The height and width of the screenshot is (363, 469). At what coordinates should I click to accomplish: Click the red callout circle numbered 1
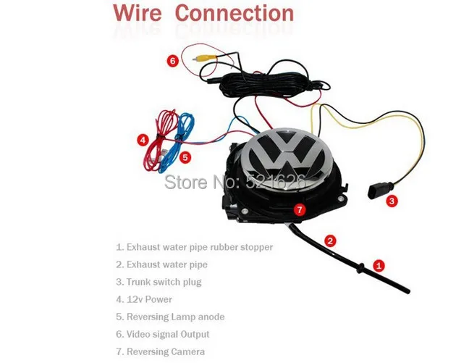(x=379, y=265)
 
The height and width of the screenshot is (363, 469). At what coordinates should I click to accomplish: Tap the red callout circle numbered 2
(x=330, y=241)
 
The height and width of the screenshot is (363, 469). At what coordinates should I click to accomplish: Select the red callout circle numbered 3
(x=392, y=201)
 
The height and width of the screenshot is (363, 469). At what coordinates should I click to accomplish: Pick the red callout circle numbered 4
(x=143, y=140)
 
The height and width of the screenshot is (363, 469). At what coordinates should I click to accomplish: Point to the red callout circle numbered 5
(x=185, y=157)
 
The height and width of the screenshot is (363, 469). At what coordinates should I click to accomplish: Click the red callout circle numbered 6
(x=173, y=61)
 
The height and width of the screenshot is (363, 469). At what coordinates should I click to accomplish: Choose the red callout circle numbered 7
(x=300, y=209)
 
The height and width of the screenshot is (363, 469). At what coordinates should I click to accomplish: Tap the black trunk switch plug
(x=377, y=191)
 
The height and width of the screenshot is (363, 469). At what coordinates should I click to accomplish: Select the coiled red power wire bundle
(x=160, y=139)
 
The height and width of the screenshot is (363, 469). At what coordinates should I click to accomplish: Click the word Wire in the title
(x=138, y=13)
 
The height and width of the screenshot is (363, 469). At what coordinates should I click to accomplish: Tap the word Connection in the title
(x=234, y=13)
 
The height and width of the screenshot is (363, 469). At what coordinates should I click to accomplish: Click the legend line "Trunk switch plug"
(x=159, y=282)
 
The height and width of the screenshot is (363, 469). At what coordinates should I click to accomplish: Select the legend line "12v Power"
(x=144, y=299)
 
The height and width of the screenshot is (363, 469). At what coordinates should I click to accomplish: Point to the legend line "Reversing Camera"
(x=161, y=351)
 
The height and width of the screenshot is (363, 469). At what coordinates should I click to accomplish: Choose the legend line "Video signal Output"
(x=163, y=334)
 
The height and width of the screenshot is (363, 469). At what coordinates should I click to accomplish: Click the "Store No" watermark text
(x=234, y=181)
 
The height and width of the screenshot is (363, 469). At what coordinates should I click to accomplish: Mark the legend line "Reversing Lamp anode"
(x=170, y=317)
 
